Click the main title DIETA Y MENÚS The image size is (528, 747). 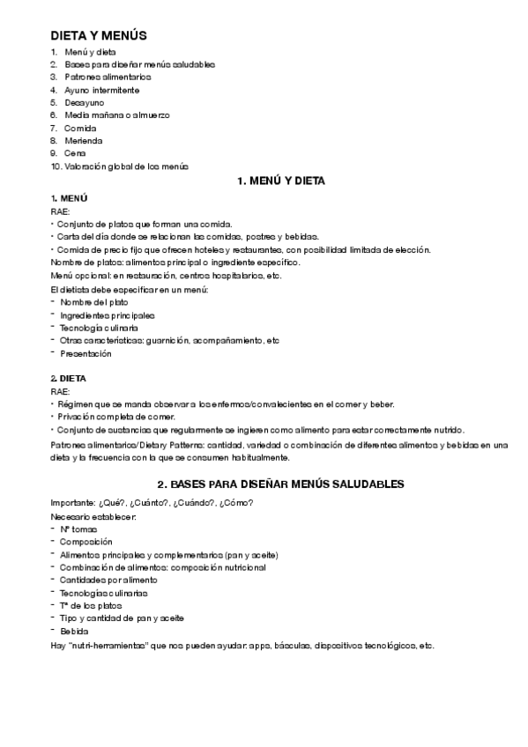point(98,36)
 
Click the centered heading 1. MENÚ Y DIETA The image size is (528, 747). point(281,181)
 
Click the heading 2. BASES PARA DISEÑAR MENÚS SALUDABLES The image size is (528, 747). point(280,484)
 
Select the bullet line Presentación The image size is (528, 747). point(86,353)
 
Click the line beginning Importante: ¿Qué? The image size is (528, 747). point(152,503)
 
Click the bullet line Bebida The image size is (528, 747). point(74,632)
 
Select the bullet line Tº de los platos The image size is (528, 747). point(92,606)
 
